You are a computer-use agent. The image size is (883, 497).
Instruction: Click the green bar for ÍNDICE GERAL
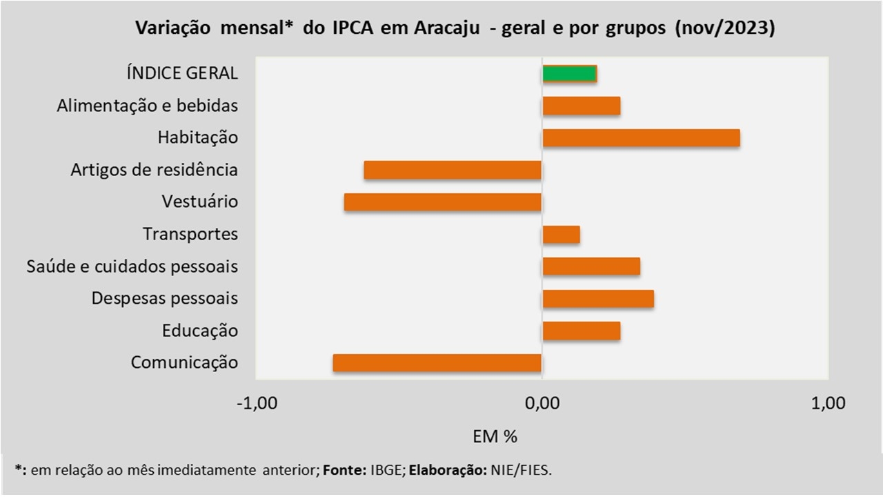pyautogui.click(x=569, y=74)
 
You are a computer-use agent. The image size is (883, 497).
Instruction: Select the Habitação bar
pyautogui.click(x=641, y=138)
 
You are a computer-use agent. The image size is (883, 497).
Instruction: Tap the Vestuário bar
pyautogui.click(x=443, y=202)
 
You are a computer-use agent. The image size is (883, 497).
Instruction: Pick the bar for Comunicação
pyautogui.click(x=437, y=363)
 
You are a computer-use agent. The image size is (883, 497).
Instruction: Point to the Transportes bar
pyautogui.click(x=561, y=235)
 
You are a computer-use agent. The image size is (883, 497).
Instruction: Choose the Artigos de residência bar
pyautogui.click(x=453, y=170)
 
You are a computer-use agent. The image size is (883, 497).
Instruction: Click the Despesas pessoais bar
pyautogui.click(x=598, y=299)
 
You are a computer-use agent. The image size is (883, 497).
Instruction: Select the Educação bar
pyautogui.click(x=582, y=331)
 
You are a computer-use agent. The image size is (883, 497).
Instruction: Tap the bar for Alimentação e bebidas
pyautogui.click(x=582, y=106)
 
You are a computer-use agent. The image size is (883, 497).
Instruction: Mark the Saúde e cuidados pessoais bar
pyautogui.click(x=591, y=266)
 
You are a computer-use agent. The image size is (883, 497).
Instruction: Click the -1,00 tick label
pyautogui.click(x=256, y=403)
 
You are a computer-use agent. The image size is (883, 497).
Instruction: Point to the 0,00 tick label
pyautogui.click(x=542, y=403)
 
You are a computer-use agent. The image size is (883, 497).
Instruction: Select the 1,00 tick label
pyautogui.click(x=829, y=403)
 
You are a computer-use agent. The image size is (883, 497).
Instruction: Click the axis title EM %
pyautogui.click(x=495, y=436)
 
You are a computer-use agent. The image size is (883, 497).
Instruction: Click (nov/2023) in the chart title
pyautogui.click(x=726, y=29)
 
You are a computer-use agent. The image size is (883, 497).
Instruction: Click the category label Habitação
pyautogui.click(x=197, y=138)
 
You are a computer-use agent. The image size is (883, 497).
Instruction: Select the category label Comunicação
pyautogui.click(x=184, y=363)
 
